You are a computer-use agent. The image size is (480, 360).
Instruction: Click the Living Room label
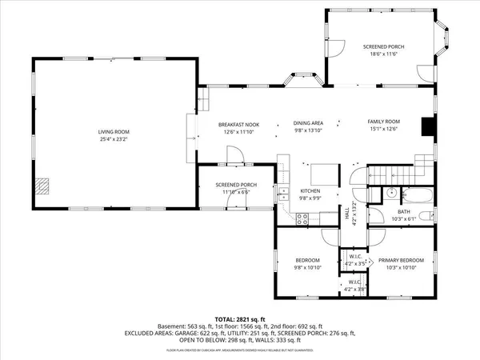click(x=114, y=131)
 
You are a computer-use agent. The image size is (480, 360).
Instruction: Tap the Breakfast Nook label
click(x=237, y=124)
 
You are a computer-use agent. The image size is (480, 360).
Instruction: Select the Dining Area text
click(x=307, y=123)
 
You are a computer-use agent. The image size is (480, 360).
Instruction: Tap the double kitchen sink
click(x=283, y=193)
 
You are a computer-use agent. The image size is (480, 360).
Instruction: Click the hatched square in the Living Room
click(x=44, y=186)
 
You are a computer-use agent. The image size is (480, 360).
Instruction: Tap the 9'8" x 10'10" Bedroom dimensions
click(x=308, y=267)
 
